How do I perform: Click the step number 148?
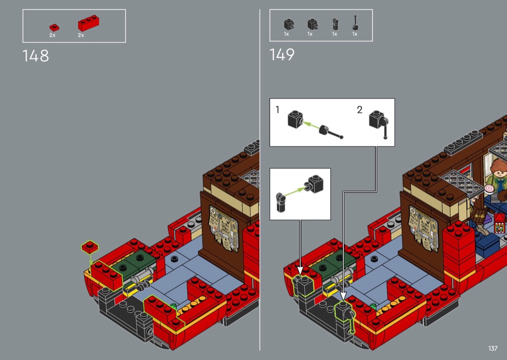pos(36,56)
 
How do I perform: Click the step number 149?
pos(282,55)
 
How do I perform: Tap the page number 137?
pos(493,348)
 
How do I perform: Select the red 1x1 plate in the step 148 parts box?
pos(54,28)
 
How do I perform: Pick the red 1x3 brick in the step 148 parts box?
pos(88,23)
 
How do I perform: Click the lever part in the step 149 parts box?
pos(355,23)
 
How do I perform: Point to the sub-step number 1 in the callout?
pos(277,110)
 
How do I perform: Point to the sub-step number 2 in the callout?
pos(360,110)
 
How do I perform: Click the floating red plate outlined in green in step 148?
pos(90,247)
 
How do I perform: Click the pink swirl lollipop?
pos(489,189)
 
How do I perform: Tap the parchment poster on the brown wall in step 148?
pos(224,228)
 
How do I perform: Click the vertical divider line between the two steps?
pos(260,180)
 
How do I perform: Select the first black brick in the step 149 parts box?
pos(289,24)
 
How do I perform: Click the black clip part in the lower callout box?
pos(281,202)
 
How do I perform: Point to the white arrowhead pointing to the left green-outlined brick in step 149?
pos(300,271)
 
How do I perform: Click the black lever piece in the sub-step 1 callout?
pos(330,132)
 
